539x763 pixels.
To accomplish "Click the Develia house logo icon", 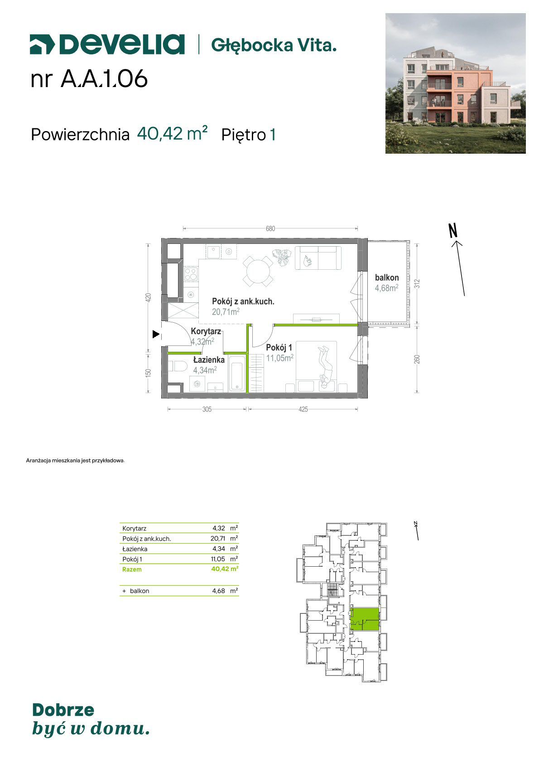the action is point(42,44).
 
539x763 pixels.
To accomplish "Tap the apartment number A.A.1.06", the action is point(104,79).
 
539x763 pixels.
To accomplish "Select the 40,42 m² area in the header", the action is point(172,133).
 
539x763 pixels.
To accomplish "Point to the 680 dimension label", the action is point(270,228).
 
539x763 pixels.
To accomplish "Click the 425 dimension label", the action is point(303,409).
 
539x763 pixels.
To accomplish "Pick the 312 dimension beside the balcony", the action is point(417,284).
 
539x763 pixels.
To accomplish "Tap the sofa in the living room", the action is point(318,258).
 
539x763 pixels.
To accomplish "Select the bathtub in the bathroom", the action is point(237,374).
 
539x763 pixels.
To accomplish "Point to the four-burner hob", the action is point(191,274).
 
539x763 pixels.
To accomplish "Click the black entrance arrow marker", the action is point(156,335).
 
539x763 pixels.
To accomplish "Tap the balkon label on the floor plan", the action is point(386,277).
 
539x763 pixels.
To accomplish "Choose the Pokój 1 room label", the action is point(279,347).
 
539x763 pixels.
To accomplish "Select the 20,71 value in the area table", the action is point(218,539).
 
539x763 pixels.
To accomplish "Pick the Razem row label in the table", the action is point(132,569).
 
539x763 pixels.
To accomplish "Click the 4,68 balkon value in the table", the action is point(218,591).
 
